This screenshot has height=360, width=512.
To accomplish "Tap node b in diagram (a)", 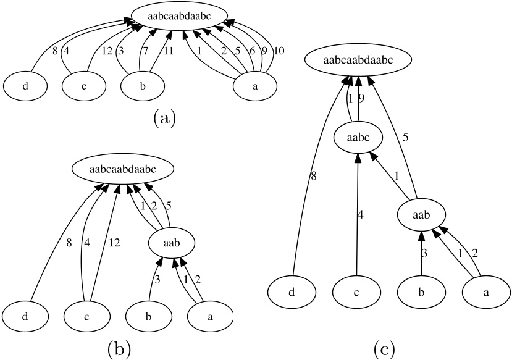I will pyautogui.click(x=143, y=86).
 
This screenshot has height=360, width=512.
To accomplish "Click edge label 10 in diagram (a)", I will pyautogui.click(x=279, y=51).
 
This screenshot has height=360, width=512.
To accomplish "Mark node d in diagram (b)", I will pyautogui.click(x=25, y=317).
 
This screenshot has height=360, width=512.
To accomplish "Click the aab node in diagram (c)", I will pyautogui.click(x=421, y=215).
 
